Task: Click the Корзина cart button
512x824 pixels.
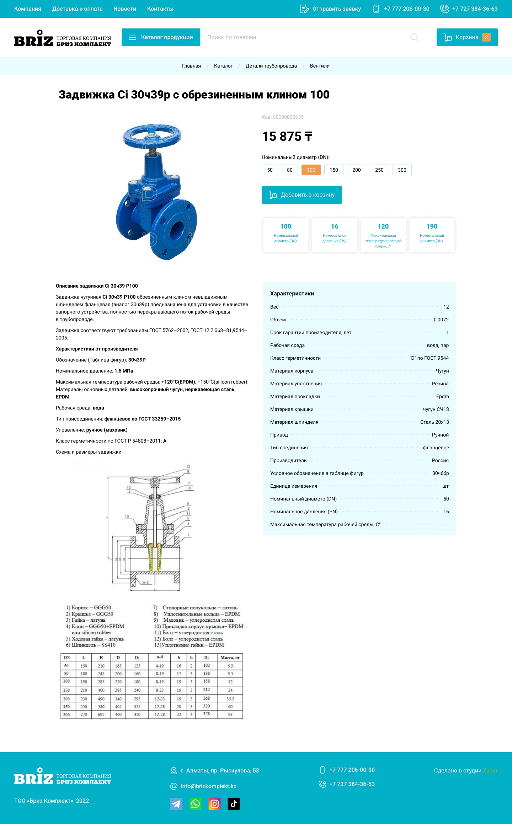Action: pyautogui.click(x=466, y=37)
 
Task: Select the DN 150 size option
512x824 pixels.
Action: pyautogui.click(x=334, y=170)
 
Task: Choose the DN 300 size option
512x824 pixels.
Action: pyautogui.click(x=402, y=170)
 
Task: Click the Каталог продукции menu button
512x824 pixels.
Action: pyautogui.click(x=161, y=37)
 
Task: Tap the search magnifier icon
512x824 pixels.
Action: pyautogui.click(x=414, y=37)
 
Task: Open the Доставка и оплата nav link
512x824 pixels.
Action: pyautogui.click(x=77, y=9)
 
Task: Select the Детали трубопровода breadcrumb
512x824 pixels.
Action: pyautogui.click(x=271, y=66)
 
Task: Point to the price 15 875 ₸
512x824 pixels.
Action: pyautogui.click(x=287, y=137)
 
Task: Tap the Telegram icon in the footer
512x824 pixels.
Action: pyautogui.click(x=176, y=804)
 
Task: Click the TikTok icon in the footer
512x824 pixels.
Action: pyautogui.click(x=234, y=804)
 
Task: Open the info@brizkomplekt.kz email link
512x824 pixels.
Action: pyautogui.click(x=208, y=786)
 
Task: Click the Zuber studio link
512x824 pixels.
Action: pyautogui.click(x=490, y=770)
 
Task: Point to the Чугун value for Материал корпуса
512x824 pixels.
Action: pyautogui.click(x=442, y=371)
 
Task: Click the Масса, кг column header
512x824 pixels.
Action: pyautogui.click(x=230, y=658)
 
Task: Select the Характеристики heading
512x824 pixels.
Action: pyautogui.click(x=292, y=294)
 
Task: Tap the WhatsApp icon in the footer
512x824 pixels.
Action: pyautogui.click(x=195, y=804)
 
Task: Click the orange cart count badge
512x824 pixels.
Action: pyautogui.click(x=486, y=37)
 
